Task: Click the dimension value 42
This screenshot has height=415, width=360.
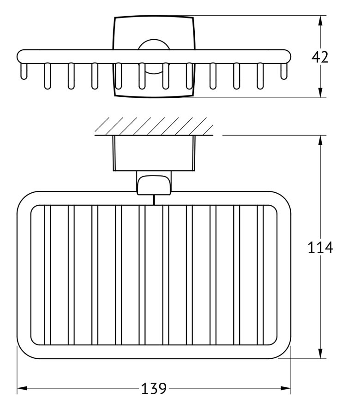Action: (320, 58)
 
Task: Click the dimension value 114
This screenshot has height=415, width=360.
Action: (320, 248)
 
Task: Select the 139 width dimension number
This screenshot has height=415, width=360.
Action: (154, 389)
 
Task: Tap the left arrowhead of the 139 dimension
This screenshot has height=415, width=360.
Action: (21, 389)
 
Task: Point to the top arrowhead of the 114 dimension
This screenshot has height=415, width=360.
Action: (320, 140)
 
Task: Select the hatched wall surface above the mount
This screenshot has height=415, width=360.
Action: (155, 126)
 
